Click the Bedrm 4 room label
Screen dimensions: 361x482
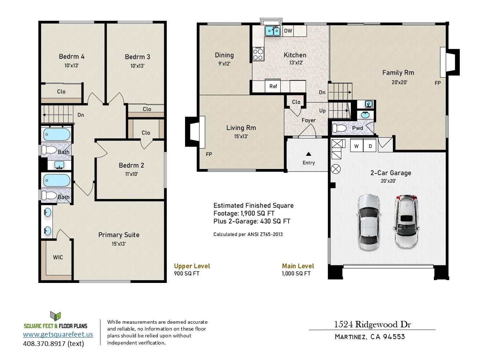coord(71,57)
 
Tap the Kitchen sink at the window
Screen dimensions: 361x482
coord(273,31)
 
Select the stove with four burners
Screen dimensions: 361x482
coord(258,54)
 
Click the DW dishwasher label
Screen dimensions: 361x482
coord(288,31)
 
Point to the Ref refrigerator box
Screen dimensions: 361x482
coord(273,86)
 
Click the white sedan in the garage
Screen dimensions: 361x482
coord(368,222)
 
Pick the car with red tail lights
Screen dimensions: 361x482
coord(406,221)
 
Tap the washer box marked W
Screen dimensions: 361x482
coord(356,146)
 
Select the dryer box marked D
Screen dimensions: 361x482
coord(370,146)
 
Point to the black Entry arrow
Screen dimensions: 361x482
coord(308,154)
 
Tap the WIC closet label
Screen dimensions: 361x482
coord(58,257)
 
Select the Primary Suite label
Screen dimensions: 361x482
coord(119,235)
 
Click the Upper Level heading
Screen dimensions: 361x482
coord(192,266)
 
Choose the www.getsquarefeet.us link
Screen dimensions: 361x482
coord(58,334)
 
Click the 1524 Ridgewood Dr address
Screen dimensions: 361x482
coord(372,324)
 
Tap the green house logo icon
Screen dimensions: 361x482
coord(55,316)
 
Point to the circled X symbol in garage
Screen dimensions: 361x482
coord(336,169)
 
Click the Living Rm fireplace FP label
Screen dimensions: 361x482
coord(209,154)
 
